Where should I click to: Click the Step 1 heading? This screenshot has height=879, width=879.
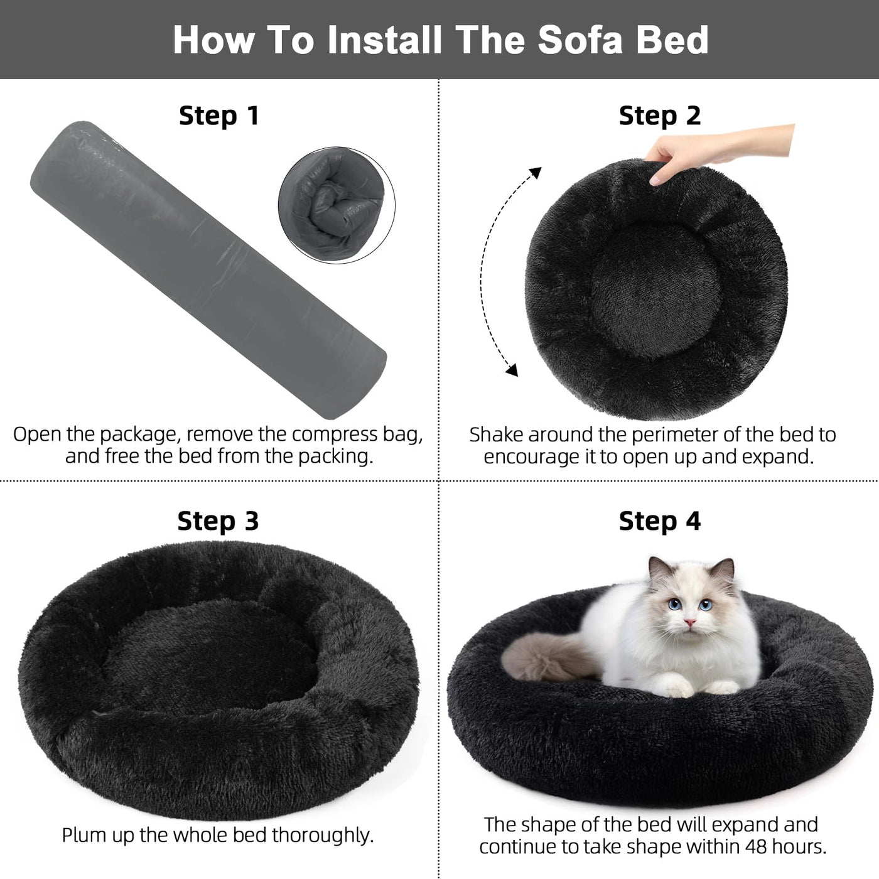click(219, 116)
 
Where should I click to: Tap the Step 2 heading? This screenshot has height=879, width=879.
click(660, 116)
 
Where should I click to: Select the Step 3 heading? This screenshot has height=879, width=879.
click(218, 521)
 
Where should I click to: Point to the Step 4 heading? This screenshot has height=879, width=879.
click(660, 521)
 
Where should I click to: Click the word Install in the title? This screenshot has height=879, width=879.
click(384, 40)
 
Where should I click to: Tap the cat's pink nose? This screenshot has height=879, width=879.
click(689, 622)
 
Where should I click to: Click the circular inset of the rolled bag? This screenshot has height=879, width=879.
click(337, 205)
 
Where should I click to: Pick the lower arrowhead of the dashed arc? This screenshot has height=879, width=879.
click(513, 370)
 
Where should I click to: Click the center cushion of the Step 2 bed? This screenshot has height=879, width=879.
click(657, 291)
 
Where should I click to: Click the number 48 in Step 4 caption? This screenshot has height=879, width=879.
click(757, 846)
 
